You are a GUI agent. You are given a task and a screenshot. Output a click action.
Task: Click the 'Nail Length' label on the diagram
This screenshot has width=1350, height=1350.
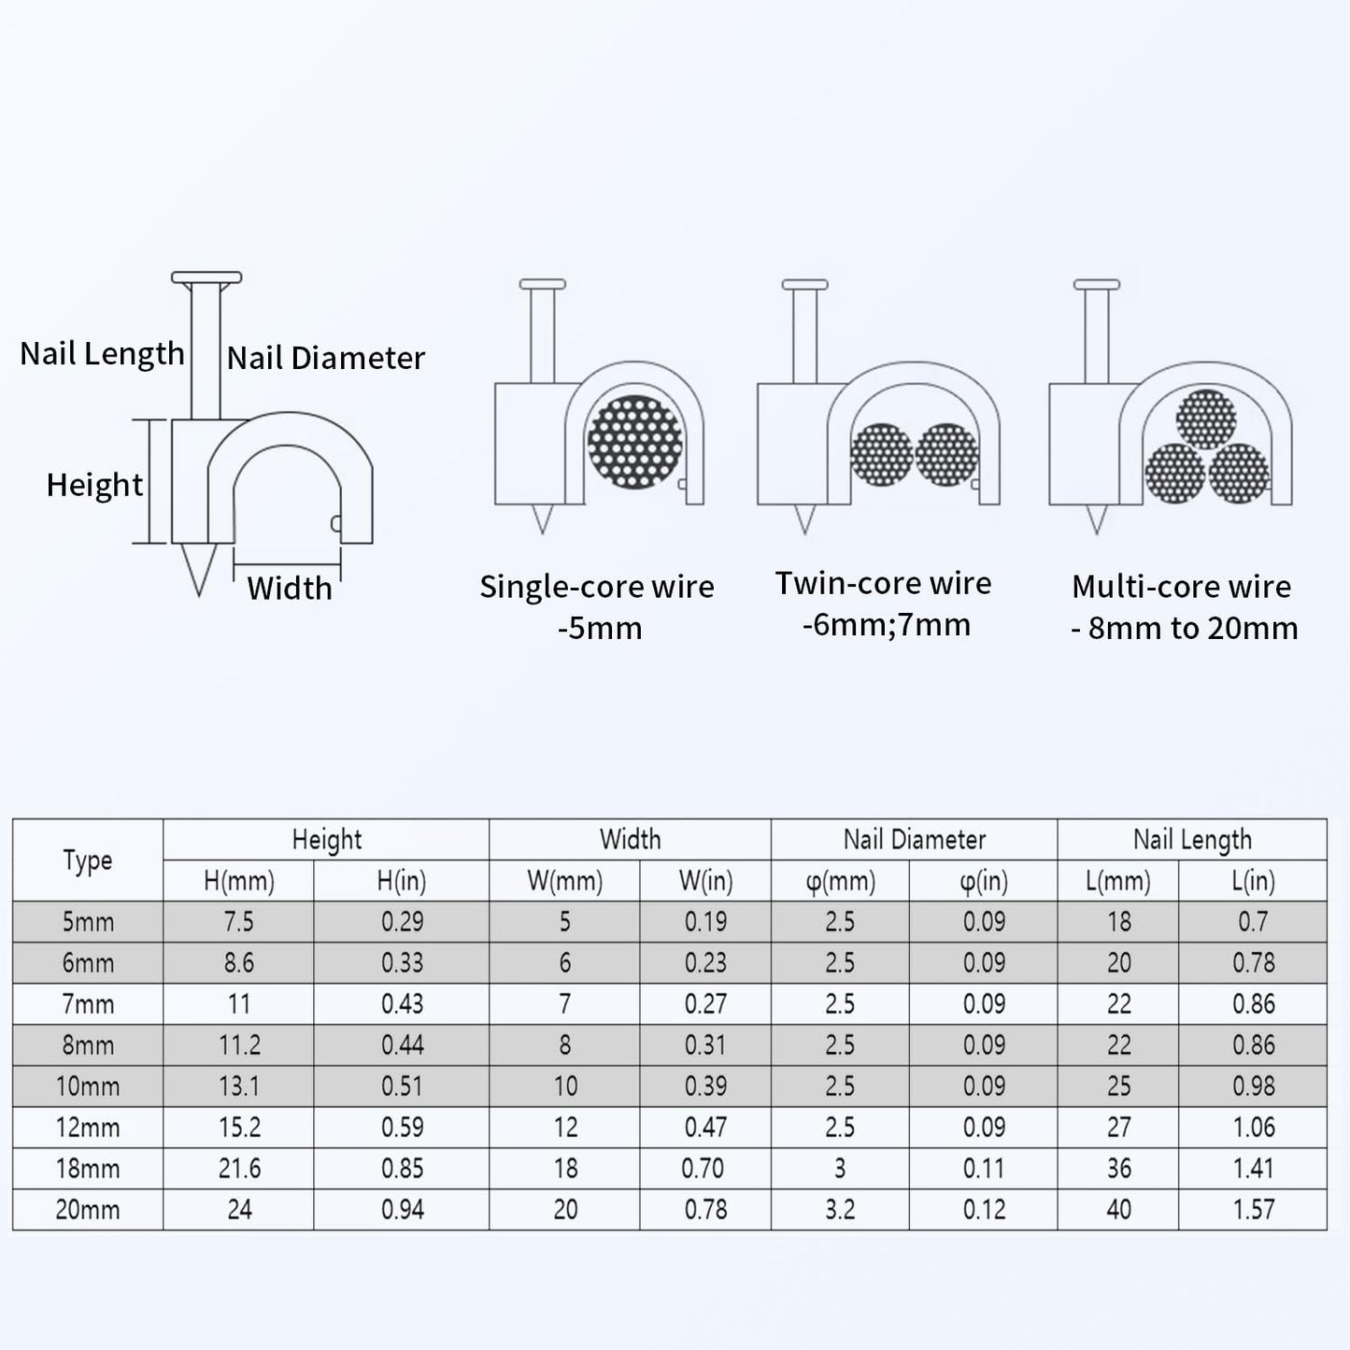click(102, 354)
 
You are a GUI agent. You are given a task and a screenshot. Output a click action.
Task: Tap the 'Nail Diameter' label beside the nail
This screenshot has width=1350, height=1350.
click(326, 358)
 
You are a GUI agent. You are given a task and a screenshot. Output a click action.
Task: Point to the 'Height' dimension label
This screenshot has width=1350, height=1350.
click(94, 485)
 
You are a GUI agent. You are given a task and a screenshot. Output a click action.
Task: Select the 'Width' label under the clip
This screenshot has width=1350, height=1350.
click(290, 589)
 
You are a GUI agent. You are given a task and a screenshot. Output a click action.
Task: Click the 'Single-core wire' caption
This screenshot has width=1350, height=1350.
click(597, 587)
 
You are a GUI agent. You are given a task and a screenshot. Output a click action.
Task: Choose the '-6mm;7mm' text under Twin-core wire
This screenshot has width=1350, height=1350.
click(887, 625)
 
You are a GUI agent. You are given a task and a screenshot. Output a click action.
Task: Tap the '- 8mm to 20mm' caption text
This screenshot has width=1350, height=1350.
click(1184, 629)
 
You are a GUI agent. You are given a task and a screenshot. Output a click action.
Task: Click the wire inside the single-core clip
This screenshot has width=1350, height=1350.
click(634, 442)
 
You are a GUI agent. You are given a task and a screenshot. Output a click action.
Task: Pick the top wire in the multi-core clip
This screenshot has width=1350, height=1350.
click(1206, 419)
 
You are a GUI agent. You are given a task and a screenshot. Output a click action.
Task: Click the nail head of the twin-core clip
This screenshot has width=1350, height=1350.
click(805, 284)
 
